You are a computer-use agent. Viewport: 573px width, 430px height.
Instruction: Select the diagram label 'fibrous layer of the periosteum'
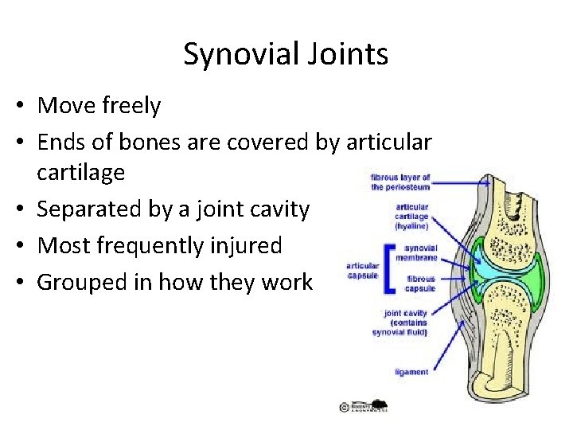point(400,182)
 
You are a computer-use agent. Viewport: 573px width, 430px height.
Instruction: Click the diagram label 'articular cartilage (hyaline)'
point(412,216)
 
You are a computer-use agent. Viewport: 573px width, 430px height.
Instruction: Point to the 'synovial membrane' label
point(421,252)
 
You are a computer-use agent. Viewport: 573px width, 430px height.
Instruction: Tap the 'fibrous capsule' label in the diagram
point(421,284)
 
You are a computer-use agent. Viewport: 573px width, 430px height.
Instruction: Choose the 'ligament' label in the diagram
point(411,372)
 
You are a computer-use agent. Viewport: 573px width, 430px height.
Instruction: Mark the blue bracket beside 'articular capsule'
point(388,267)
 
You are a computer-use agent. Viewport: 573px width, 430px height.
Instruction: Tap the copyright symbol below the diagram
point(344,407)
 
